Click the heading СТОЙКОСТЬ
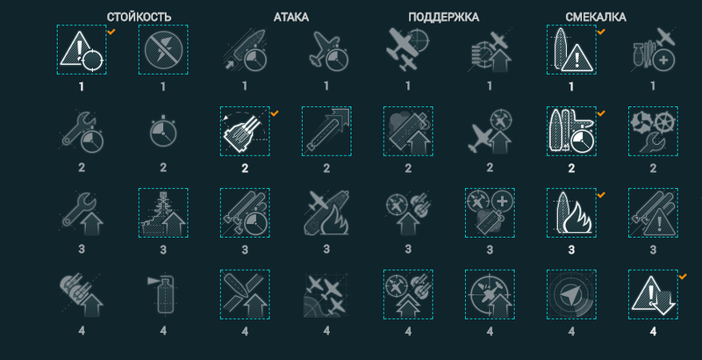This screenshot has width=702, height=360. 139,17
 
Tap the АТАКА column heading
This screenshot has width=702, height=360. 291,17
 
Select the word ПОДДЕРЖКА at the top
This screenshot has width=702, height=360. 443,17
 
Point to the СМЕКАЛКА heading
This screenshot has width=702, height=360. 596,17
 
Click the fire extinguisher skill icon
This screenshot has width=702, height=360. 163,294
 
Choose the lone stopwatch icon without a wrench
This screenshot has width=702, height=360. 163,132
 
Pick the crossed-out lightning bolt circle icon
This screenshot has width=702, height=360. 163,50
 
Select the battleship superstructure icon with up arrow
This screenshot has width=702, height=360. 163,212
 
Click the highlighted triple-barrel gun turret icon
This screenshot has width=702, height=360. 245,131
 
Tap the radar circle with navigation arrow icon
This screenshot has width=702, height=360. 571,294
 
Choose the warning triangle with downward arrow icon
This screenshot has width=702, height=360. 653,294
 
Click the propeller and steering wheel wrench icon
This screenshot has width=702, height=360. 653,131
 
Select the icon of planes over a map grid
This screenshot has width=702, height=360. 326,294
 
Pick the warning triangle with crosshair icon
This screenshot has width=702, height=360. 82,50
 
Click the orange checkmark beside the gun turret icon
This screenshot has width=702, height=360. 275,113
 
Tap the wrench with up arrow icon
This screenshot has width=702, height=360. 82,213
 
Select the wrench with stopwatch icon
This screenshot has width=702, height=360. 82,132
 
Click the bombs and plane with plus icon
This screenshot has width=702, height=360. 653,50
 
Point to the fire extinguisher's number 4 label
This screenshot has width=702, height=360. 163,331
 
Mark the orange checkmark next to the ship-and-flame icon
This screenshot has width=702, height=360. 601,195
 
